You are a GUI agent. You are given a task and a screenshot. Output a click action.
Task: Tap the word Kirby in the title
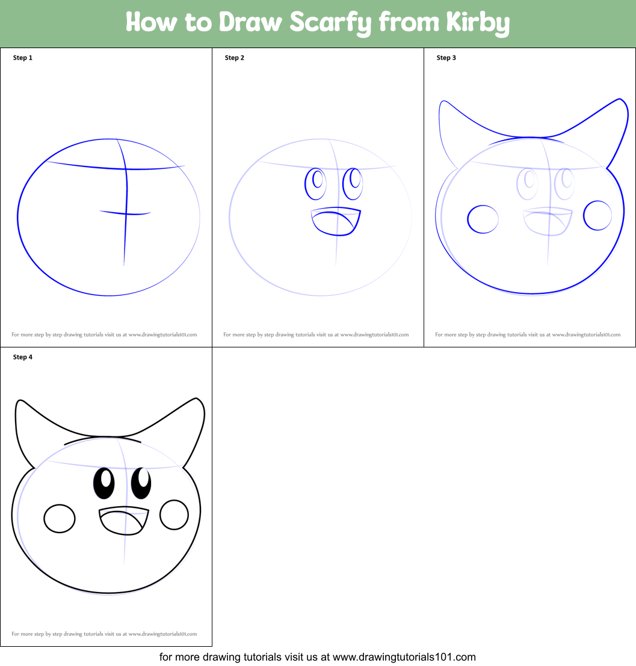478,22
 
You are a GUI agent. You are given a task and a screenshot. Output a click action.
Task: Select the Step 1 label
23,58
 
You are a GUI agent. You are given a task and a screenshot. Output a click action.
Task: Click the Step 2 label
235,58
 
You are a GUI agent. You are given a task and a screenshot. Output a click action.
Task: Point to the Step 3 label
446,58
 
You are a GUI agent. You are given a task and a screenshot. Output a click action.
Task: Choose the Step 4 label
23,357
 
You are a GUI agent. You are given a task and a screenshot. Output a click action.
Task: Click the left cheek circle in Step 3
483,219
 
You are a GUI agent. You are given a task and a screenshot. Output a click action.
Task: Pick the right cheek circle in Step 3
597,215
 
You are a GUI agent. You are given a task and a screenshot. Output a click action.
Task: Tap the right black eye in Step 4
141,483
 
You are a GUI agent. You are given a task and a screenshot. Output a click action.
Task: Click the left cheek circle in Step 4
60,518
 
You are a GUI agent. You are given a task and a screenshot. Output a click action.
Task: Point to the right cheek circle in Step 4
174,515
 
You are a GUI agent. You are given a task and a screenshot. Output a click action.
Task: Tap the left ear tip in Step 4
19,401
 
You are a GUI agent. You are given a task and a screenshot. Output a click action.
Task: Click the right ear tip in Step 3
619,100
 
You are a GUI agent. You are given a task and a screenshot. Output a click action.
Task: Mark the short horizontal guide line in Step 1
125,212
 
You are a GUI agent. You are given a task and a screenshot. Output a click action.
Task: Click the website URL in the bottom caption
404,657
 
